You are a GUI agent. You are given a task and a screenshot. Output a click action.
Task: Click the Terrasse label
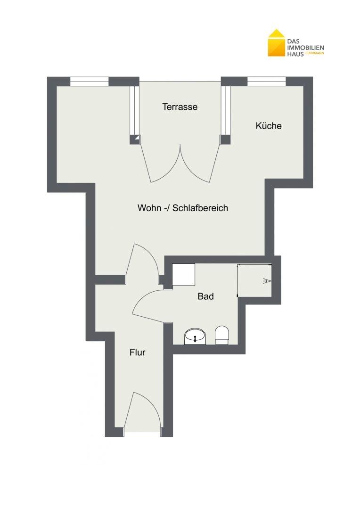click(x=180, y=107)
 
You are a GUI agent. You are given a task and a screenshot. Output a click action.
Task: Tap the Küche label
click(x=269, y=126)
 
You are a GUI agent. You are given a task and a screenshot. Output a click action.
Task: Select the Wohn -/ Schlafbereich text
click(x=183, y=208)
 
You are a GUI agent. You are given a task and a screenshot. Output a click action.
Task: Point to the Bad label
click(x=206, y=296)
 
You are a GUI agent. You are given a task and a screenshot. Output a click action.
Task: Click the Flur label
click(x=137, y=352)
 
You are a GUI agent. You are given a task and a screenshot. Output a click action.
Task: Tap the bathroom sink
click(x=195, y=337)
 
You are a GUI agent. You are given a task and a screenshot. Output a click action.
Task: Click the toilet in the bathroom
click(x=222, y=335)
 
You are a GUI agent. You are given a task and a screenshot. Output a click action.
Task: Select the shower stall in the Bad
click(x=254, y=280)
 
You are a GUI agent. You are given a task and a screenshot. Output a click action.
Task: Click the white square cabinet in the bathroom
click(x=183, y=275)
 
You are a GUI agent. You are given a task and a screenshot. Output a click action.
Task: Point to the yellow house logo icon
click(x=276, y=43)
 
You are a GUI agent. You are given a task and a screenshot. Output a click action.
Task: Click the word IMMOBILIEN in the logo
click(x=305, y=48)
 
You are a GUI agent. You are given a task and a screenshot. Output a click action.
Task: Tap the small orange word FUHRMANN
click(x=315, y=53)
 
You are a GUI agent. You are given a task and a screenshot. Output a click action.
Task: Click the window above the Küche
click(x=267, y=81)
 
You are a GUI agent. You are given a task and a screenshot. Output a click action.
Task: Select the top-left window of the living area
click(x=89, y=81)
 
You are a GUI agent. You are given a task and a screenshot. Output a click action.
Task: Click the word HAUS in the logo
click(x=295, y=54)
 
